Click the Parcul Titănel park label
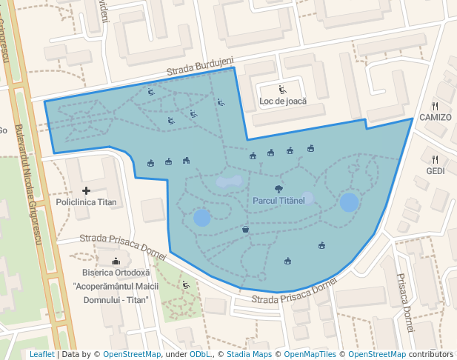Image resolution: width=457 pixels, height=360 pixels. [x=278, y=201]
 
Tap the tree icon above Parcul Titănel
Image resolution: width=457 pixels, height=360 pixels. [x=278, y=189]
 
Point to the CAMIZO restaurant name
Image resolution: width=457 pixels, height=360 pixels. [x=435, y=117]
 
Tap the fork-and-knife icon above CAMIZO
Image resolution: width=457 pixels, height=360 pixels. [x=435, y=106]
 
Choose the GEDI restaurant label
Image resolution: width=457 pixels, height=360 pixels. [x=435, y=170]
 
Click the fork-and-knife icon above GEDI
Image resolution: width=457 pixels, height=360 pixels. [x=435, y=159]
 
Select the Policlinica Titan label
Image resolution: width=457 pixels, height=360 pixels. [x=87, y=201]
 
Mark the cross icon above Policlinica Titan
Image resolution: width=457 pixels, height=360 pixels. [x=87, y=190]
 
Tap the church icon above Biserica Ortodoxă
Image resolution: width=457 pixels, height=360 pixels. [x=116, y=261]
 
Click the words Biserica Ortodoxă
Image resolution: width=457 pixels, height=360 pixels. [x=116, y=272]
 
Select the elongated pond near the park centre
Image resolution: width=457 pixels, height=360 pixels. [x=230, y=181]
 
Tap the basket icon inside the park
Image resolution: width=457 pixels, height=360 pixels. [x=245, y=230]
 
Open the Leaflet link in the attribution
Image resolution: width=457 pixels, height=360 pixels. [x=41, y=354]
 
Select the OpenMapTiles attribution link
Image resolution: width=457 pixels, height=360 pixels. [x=312, y=354]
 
